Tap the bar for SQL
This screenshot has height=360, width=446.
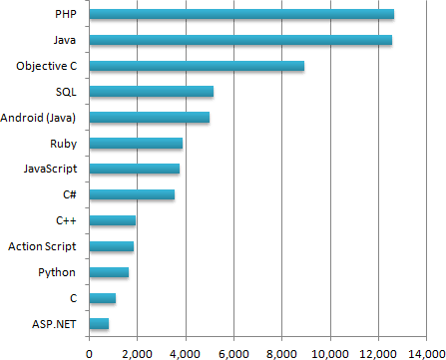tap(151, 92)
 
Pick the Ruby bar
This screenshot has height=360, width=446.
tap(136, 144)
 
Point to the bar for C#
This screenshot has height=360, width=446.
tap(132, 194)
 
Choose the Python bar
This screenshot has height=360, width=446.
tap(109, 272)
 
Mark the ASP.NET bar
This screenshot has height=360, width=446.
tap(99, 323)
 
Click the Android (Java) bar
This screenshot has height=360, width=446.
tap(149, 118)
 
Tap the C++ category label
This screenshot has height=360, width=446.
tap(68, 220)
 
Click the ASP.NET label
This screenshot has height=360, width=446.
tap(56, 323)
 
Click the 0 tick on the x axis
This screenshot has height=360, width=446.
tap(89, 350)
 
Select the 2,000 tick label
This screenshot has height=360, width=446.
tap(137, 350)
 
